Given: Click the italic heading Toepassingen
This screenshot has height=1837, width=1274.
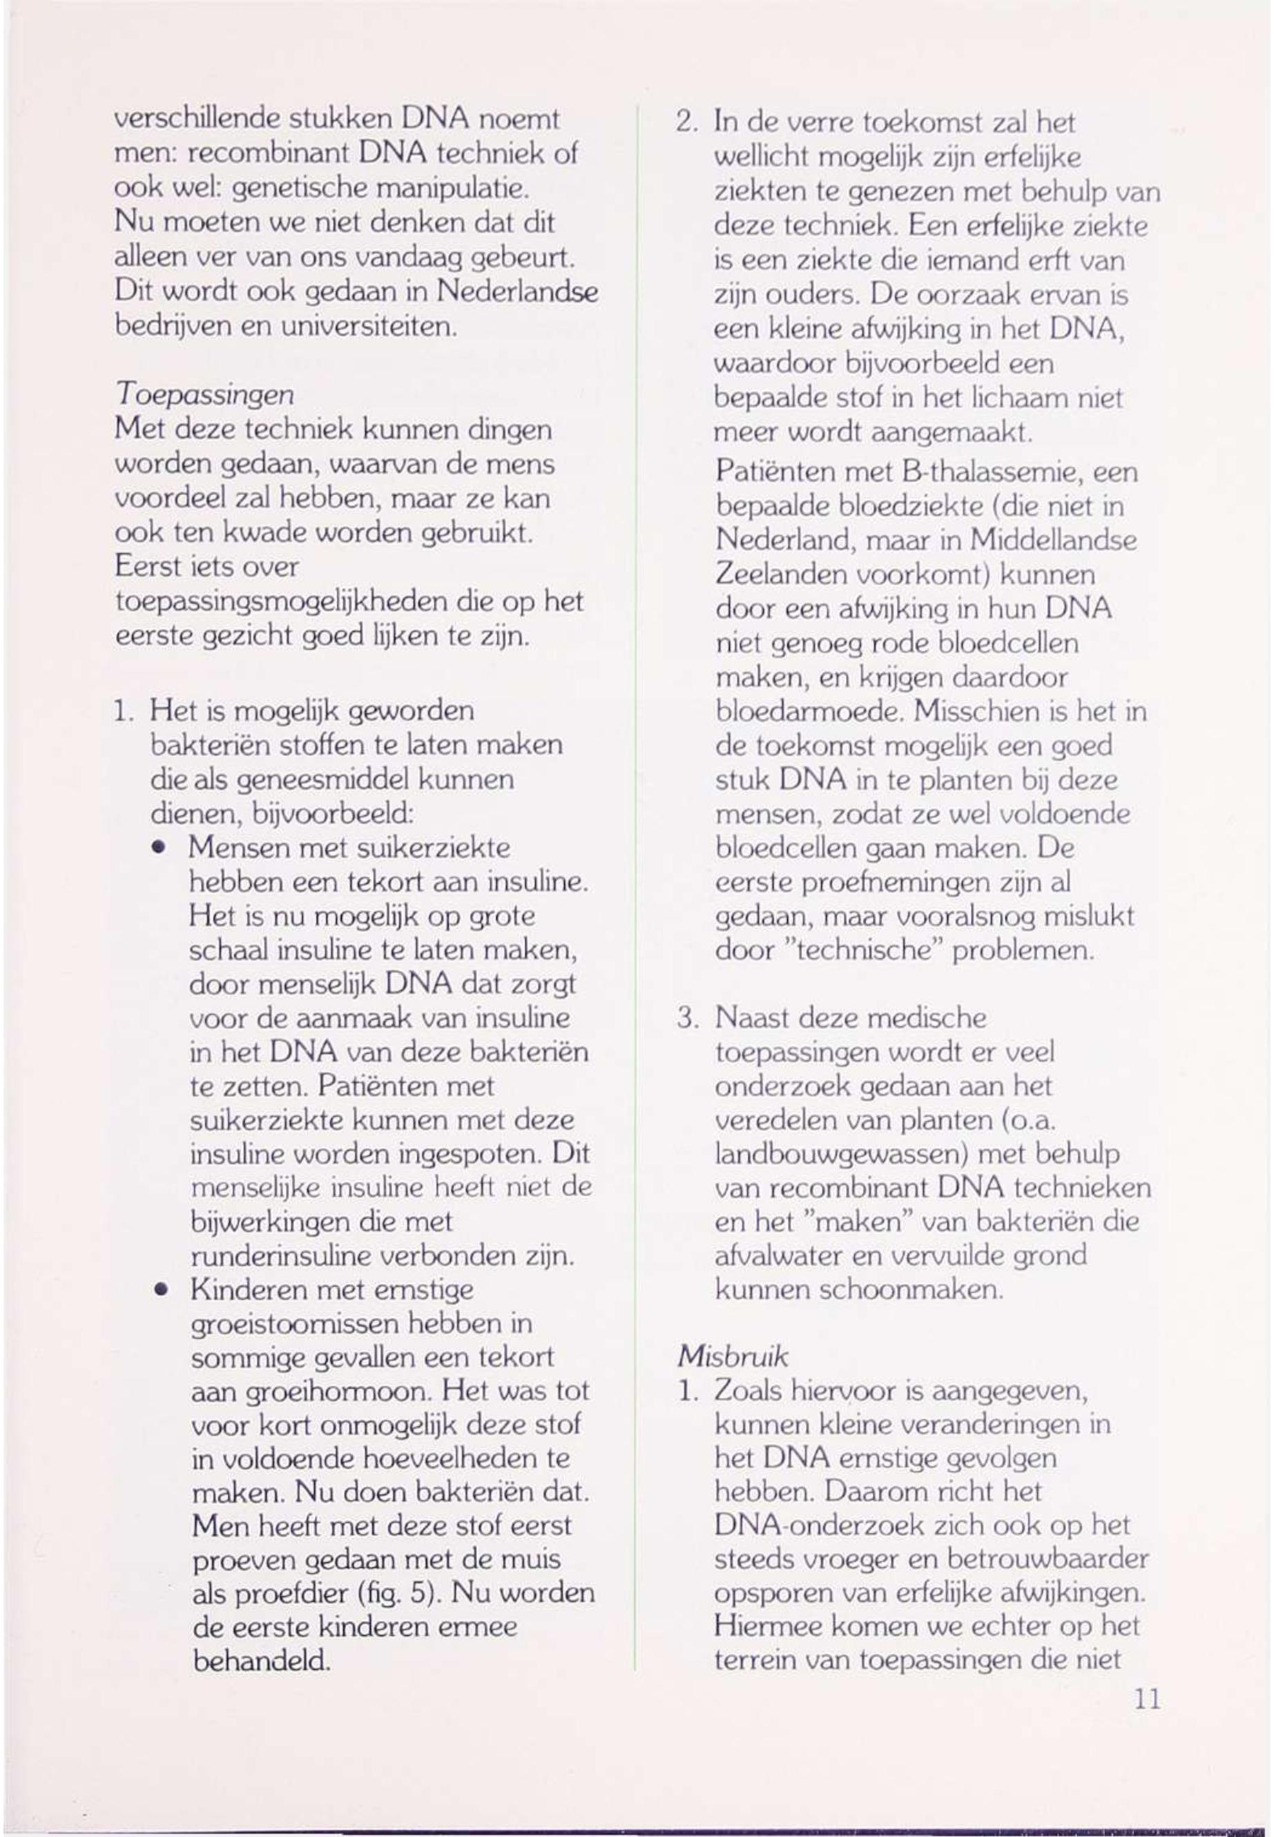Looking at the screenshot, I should tap(205, 395).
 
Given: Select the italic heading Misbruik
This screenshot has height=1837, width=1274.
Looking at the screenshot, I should tap(733, 1356).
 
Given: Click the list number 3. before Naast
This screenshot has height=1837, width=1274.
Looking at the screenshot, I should tap(687, 1018).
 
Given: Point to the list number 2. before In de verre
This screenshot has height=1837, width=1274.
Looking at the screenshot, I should tap(687, 123).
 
